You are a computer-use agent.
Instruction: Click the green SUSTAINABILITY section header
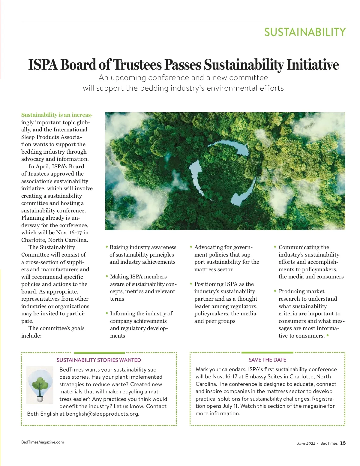click(x=305, y=32)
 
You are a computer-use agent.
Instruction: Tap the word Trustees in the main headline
click(x=137, y=65)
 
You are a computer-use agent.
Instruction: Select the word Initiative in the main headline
click(x=313, y=65)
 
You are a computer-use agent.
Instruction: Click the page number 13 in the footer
click(x=343, y=443)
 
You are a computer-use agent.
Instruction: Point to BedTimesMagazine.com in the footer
click(x=43, y=442)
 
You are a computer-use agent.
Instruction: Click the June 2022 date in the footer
click(x=306, y=443)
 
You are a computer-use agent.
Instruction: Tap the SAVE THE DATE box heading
click(x=267, y=360)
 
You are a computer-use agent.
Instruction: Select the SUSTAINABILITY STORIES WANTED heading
click(x=99, y=360)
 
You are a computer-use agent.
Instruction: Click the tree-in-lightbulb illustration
click(x=40, y=385)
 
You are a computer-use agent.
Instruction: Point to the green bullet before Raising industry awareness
click(x=107, y=247)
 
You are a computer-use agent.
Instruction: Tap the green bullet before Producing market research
click(x=275, y=291)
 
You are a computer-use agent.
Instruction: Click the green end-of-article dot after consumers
click(x=328, y=335)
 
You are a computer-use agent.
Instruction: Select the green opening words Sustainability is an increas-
click(x=57, y=115)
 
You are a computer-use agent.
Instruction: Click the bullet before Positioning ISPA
click(x=191, y=284)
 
